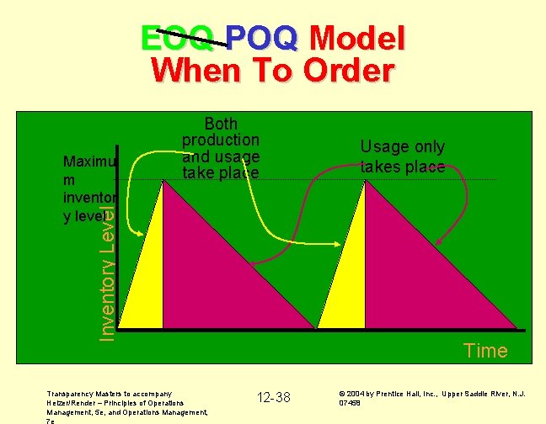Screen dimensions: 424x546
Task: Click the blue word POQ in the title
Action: pyautogui.click(x=262, y=38)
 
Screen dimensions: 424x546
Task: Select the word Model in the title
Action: pyautogui.click(x=357, y=38)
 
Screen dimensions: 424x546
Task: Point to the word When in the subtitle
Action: pyautogui.click(x=190, y=71)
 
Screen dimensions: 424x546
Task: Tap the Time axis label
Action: pyautogui.click(x=485, y=351)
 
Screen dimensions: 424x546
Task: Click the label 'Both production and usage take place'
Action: pyautogui.click(x=221, y=148)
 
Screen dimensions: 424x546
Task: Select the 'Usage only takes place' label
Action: pyautogui.click(x=402, y=156)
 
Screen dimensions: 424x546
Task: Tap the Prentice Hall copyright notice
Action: pyautogui.click(x=432, y=397)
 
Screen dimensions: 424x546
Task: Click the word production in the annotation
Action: pyautogui.click(x=221, y=140)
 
